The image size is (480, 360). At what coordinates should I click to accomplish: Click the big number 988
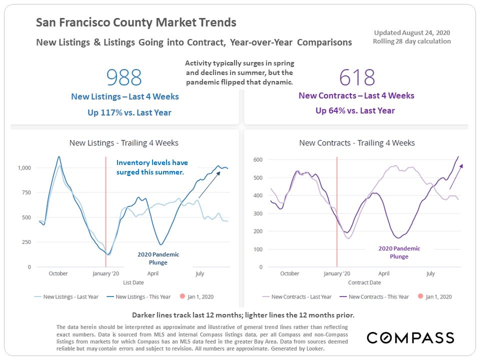(124, 77)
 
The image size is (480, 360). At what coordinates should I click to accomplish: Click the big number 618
(357, 77)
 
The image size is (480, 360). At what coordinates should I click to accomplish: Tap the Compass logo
(410, 337)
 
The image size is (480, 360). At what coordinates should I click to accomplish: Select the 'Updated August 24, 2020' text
(412, 32)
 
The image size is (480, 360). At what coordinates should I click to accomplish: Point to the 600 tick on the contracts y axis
(257, 159)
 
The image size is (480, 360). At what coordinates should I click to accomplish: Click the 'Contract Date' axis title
(364, 282)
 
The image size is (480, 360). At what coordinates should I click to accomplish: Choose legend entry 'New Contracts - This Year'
(378, 296)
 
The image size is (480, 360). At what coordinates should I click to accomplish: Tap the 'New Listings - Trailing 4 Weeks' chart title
(123, 143)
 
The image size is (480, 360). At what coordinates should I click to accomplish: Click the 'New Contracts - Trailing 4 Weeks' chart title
(356, 143)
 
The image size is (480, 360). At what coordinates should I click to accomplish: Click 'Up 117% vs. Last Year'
(129, 112)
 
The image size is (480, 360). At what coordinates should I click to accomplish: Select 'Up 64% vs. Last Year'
(355, 110)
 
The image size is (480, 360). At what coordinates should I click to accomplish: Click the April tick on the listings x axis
(153, 273)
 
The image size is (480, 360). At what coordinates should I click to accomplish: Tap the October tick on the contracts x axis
(289, 273)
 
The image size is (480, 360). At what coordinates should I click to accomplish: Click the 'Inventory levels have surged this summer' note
(152, 167)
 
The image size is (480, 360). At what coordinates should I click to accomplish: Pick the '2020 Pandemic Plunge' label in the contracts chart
(399, 252)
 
